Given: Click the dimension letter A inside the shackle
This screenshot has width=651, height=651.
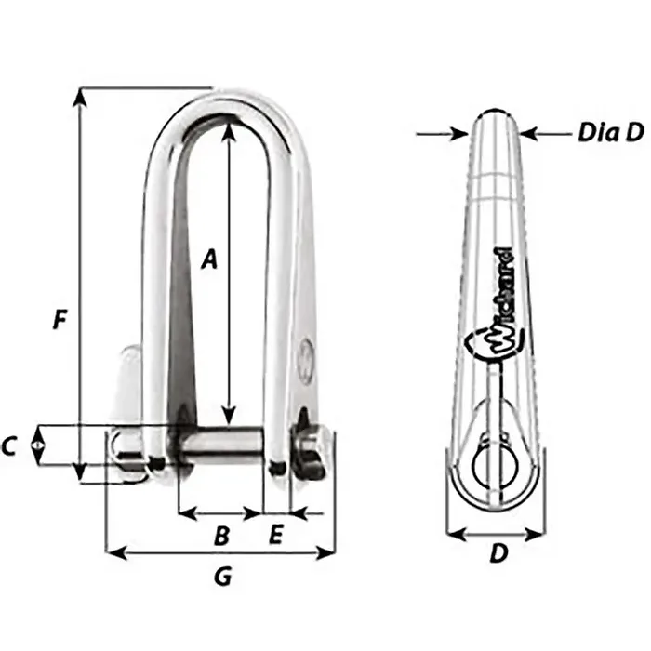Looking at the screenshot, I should click(x=210, y=259).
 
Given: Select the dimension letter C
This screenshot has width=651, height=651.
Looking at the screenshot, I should click(x=9, y=447).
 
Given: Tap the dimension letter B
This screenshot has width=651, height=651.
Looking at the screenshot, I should click(x=221, y=536).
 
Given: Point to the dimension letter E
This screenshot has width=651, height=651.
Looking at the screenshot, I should click(x=275, y=536).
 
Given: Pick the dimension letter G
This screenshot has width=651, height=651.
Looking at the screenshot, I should click(x=222, y=578).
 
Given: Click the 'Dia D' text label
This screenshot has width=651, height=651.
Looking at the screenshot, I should click(x=610, y=134).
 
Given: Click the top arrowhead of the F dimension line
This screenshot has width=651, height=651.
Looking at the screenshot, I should click(x=82, y=93).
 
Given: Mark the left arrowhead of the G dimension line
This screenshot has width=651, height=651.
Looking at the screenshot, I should click(x=113, y=553).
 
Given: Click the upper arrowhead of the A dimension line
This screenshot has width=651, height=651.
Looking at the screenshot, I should click(x=230, y=129).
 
